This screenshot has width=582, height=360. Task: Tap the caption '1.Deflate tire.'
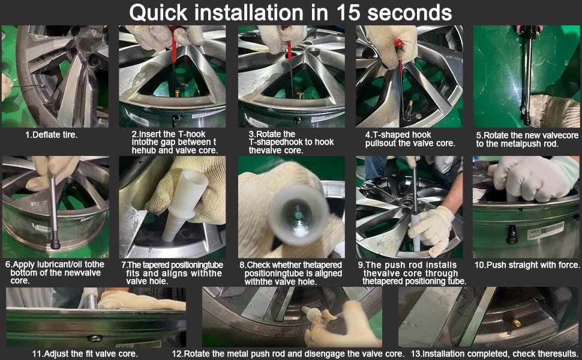coord(51,135)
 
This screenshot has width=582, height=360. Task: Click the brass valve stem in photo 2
coord(178,93)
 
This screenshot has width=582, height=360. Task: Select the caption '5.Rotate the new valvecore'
coord(527,135)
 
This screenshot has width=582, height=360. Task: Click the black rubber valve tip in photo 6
coord(55,244)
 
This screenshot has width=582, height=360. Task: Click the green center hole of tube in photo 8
coord(298,215)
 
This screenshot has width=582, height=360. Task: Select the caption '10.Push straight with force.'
coord(527,265)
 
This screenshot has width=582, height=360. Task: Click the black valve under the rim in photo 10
coord(512,234)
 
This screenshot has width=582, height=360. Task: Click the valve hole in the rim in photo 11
coord(95,338)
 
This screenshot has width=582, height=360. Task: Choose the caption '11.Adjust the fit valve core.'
coord(85,353)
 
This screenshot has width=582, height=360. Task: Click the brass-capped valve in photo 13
coord(511,319)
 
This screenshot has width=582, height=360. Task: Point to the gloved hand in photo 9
coord(431,230)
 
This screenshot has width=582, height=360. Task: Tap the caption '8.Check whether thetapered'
coord(290,265)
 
